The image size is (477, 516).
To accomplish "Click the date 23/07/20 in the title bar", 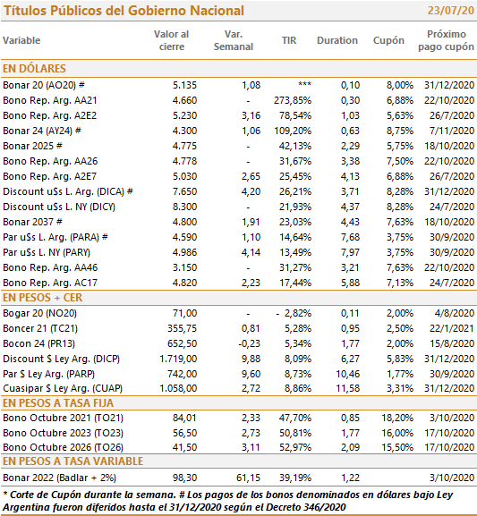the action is click(x=451, y=11).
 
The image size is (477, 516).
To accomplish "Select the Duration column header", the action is click(x=337, y=40).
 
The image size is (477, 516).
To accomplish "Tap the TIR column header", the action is click(x=289, y=40).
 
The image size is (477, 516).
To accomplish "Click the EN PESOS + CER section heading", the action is click(x=42, y=298).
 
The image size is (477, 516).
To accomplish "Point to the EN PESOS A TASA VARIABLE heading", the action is click(x=72, y=461).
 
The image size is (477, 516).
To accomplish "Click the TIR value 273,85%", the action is click(x=293, y=100).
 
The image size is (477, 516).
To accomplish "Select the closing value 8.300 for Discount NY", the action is click(x=184, y=207).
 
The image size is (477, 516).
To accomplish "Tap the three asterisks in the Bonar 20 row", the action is click(x=304, y=85).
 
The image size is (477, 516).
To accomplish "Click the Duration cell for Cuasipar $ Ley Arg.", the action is click(x=347, y=388).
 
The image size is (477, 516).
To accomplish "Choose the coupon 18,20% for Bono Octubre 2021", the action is click(x=397, y=418).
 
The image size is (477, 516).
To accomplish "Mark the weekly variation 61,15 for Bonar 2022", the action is click(x=248, y=478).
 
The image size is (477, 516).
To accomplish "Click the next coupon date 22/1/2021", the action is click(x=452, y=328).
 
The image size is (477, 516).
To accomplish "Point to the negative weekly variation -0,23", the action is click(x=249, y=343).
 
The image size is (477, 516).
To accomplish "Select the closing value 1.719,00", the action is click(x=178, y=359).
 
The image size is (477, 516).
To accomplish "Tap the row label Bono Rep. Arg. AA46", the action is click(x=50, y=267).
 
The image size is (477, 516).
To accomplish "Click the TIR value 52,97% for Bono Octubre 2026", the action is click(x=295, y=447).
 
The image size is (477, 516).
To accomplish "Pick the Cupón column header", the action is click(x=388, y=40).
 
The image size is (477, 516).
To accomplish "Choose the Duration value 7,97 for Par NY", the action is click(x=350, y=252).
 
